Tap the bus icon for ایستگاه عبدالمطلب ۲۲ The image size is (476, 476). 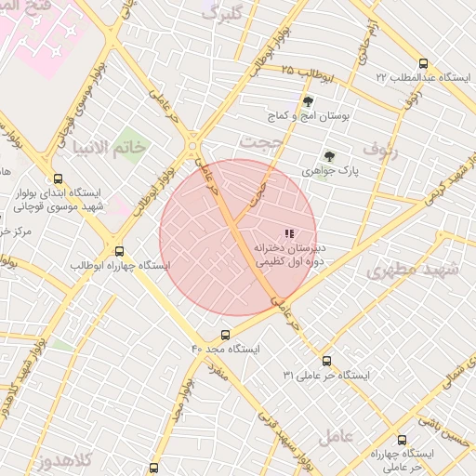click(424, 64)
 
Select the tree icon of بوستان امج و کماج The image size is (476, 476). click(308, 101)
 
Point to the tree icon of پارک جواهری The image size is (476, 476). click(327, 156)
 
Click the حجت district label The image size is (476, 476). click(259, 141)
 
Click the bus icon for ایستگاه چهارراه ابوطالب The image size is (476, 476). click(119, 251)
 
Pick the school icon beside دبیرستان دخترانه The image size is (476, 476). click(289, 233)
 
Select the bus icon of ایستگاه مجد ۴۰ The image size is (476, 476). click(226, 335)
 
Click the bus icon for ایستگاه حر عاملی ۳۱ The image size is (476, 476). click(326, 361)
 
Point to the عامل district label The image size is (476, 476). click(335, 436)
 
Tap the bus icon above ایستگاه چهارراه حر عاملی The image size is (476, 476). click(402, 440)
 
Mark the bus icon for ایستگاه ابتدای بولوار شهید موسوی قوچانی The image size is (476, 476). click(59, 179)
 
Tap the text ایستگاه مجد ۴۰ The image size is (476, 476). click(226, 349)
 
